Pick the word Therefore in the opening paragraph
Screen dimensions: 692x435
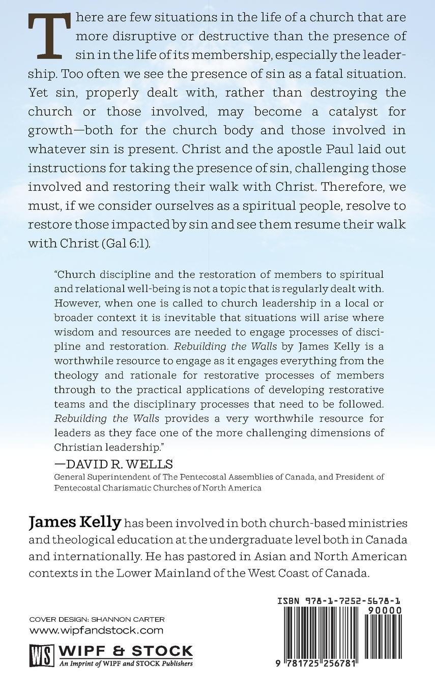tap(350, 187)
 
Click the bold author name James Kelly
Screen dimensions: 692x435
tap(75, 523)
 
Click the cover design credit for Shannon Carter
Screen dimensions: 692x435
tap(97, 619)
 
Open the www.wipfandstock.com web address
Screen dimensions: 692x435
tap(97, 631)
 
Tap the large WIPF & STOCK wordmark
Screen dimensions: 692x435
tap(126, 651)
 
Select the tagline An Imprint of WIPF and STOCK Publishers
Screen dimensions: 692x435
tap(126, 664)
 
